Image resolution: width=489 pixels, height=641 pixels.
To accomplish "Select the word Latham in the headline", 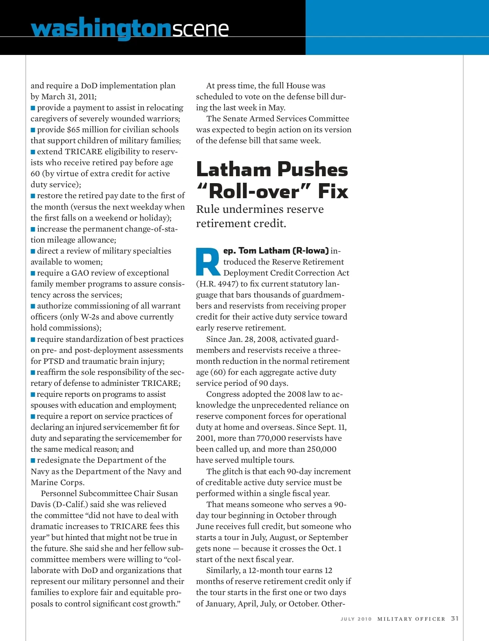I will (233, 169).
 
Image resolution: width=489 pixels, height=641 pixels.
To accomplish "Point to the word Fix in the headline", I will (333, 191).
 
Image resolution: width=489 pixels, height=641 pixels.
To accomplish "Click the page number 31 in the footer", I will (455, 618).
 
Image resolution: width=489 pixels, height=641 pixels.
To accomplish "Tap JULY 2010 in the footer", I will (356, 619).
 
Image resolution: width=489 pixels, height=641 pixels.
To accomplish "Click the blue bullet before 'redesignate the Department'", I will (33, 460).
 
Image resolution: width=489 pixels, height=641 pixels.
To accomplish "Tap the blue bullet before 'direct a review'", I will (33, 251).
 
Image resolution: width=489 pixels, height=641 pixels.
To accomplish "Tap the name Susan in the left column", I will (167, 493).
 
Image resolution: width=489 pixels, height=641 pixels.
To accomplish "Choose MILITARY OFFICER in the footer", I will (411, 619).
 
